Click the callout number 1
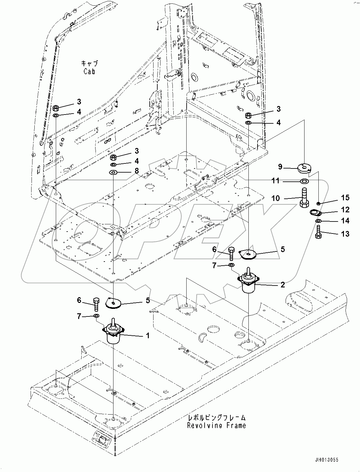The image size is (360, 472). pos(147,336)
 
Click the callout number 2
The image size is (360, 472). pos(282,285)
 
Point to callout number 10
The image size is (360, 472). pos(276,198)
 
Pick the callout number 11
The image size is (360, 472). pos(276,181)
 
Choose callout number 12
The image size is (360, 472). pos(345,210)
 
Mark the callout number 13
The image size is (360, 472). pos(345,234)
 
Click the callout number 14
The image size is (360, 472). pos(345,220)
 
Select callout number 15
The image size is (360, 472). pos(345,198)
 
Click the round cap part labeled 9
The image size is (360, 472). pos(304,167)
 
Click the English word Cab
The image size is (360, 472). pos(89,71)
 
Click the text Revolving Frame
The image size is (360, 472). pos(216,426)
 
